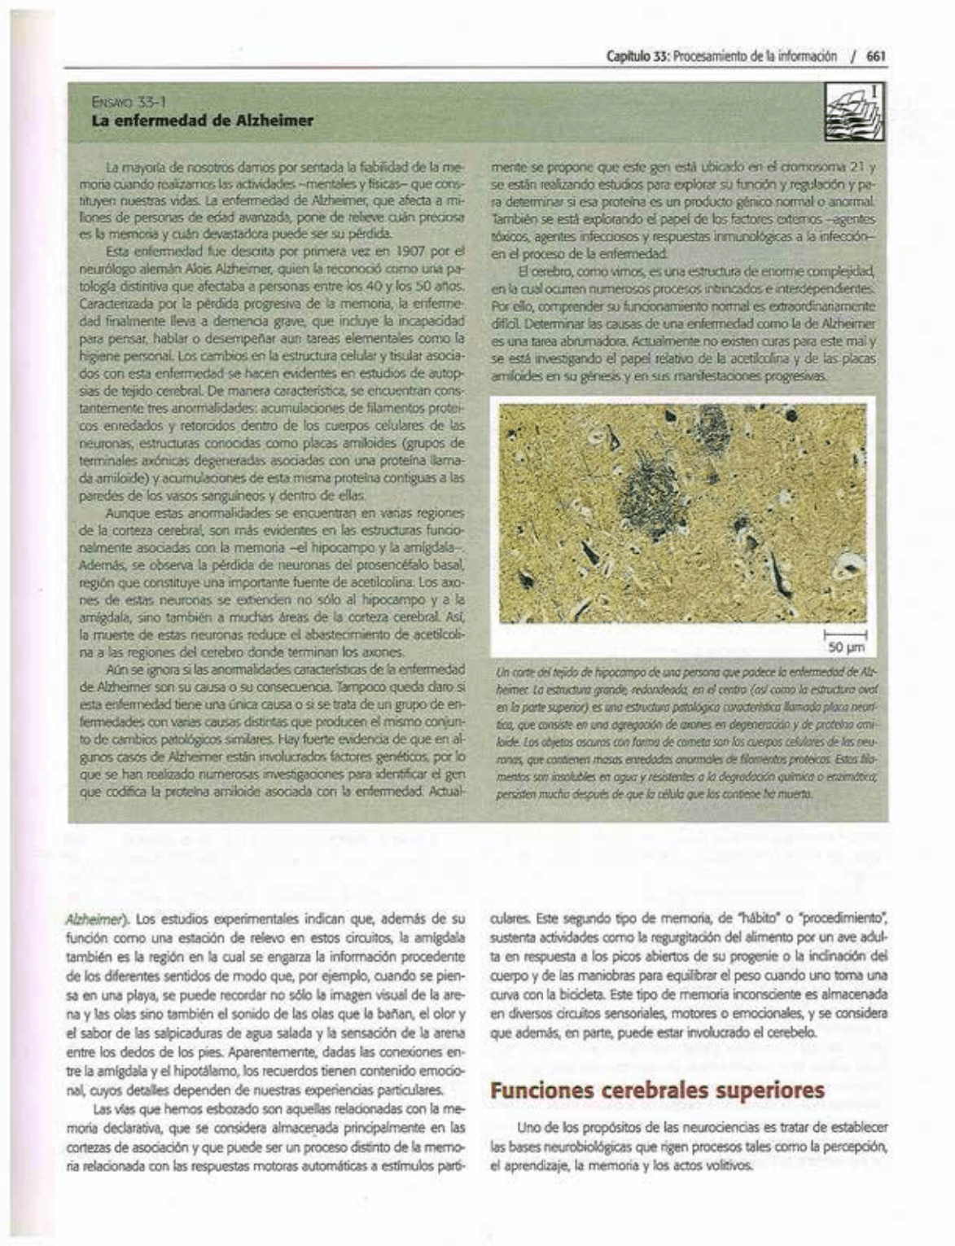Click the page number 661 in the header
click(x=876, y=56)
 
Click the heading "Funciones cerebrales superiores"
click(x=657, y=1090)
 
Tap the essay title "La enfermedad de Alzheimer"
click(x=204, y=121)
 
